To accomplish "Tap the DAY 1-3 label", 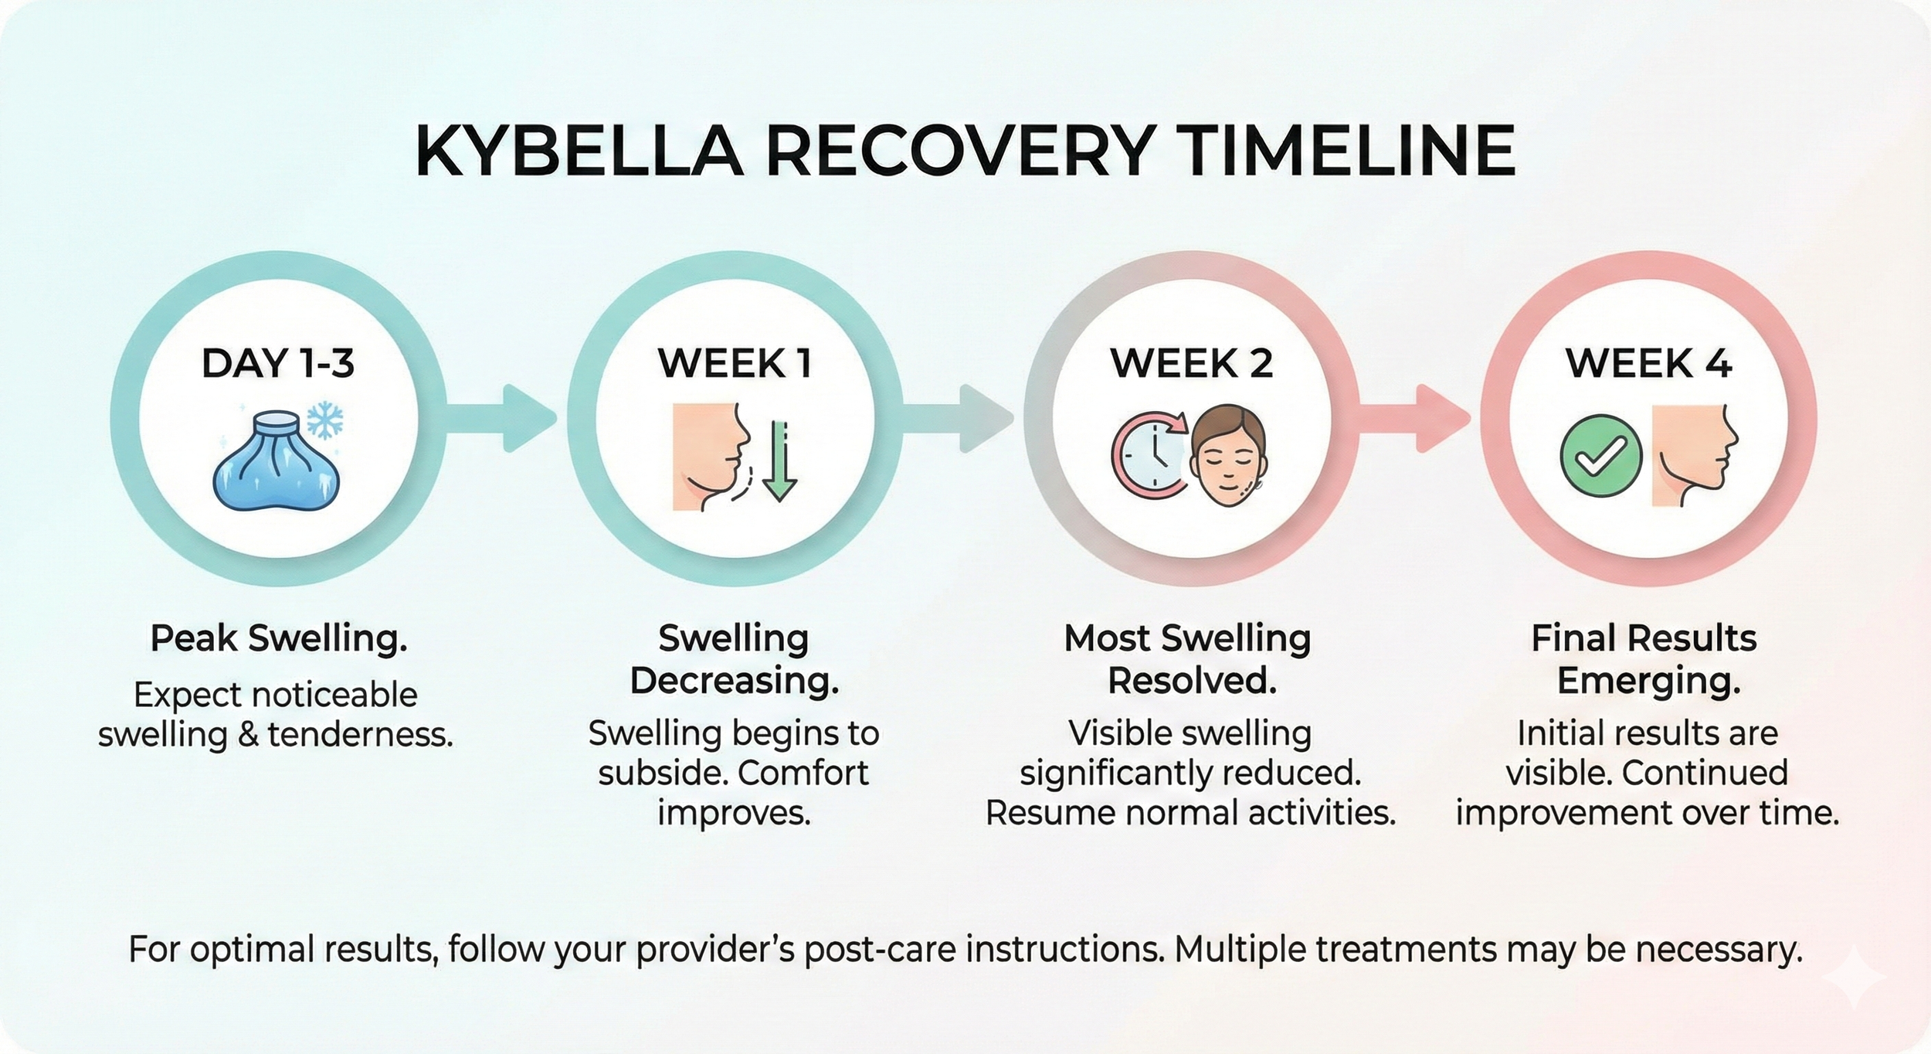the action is click(x=278, y=363).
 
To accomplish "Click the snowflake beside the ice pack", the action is click(x=325, y=420).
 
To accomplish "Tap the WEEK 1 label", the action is click(x=735, y=363).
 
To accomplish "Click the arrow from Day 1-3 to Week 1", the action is click(x=503, y=418).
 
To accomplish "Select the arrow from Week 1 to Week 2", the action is click(x=959, y=418).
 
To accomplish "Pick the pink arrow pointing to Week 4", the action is click(x=1415, y=418).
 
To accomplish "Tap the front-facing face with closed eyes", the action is click(x=1228, y=457).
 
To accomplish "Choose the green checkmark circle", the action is click(x=1600, y=457).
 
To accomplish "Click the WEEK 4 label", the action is click(x=1648, y=363).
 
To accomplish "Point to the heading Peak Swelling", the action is click(x=278, y=638).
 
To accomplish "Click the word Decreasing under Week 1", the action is click(x=734, y=682).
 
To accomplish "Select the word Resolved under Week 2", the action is click(x=1192, y=682).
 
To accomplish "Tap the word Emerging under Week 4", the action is click(x=1648, y=682).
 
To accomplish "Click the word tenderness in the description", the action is click(x=360, y=734).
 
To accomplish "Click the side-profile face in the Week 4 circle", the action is click(x=1692, y=456).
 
